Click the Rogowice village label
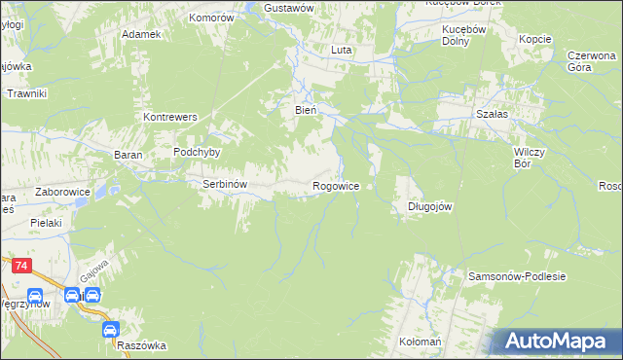(336, 185)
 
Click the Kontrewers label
(170, 117)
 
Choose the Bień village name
(306, 110)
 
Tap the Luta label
(341, 49)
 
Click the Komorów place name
(212, 18)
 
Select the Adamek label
(140, 33)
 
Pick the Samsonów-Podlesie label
(517, 276)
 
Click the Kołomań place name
(421, 342)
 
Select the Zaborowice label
(63, 192)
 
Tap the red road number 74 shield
(19, 264)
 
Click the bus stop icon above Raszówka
(111, 330)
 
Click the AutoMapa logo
(556, 341)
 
